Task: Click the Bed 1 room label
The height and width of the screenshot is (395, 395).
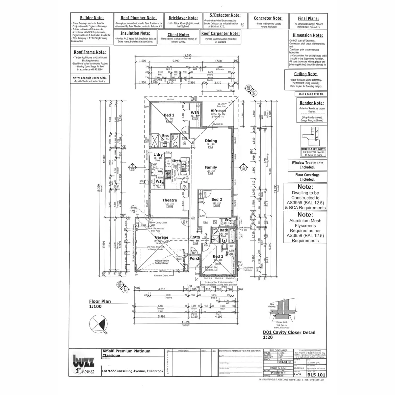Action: point(169,115)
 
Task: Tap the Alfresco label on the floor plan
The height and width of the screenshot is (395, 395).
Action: point(218,111)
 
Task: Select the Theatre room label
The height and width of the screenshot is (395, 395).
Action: point(170,200)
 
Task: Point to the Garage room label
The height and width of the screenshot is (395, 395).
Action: point(162,237)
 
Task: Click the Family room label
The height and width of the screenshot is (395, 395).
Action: point(211,168)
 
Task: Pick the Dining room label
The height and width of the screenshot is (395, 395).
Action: point(211,141)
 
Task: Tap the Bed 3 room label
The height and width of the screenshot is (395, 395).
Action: point(218,256)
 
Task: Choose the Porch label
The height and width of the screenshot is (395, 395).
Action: point(195,258)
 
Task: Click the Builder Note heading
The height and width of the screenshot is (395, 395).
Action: point(92,18)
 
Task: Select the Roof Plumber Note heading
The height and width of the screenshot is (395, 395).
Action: point(139,18)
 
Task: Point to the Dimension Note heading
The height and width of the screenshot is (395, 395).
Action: point(308,35)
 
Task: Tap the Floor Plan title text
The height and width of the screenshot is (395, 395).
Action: point(100,301)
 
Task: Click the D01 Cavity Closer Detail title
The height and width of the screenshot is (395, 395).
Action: point(289,332)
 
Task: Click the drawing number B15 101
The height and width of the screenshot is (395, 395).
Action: point(316,375)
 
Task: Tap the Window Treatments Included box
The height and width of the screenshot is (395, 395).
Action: point(307,165)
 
